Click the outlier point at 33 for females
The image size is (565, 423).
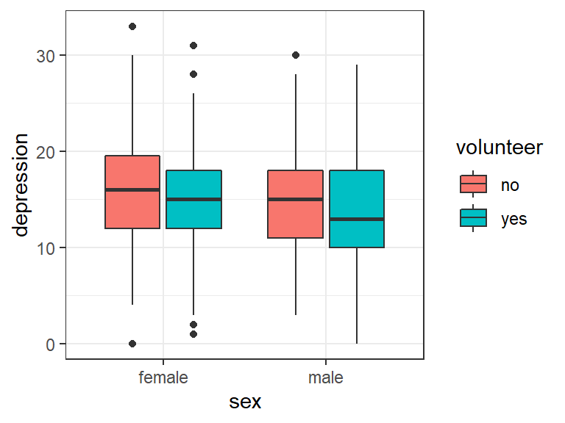132,26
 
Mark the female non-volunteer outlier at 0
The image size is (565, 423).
132,344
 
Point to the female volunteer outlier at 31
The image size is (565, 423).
193,46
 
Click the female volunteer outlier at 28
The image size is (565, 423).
193,74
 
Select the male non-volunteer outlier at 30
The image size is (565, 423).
295,55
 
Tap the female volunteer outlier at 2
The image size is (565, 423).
193,325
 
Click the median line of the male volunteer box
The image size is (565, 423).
357,219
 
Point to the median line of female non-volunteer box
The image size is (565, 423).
132,189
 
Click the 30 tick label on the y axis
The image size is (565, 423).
46,56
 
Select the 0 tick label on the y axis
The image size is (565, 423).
50,344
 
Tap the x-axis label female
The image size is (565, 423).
163,378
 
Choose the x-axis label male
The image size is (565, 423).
326,378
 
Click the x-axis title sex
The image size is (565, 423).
245,402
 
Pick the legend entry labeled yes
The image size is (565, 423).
514,219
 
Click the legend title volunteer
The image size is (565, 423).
499,148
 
